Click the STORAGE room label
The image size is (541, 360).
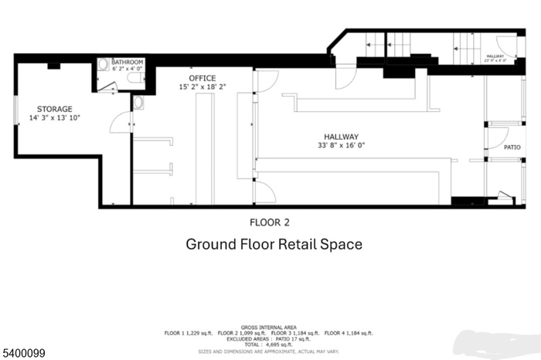pos(54,109)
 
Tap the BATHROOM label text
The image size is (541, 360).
pos(126,61)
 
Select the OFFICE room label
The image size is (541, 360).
pos(202,78)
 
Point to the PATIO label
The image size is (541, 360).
pos(512,146)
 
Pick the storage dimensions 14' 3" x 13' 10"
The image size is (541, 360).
pos(54,118)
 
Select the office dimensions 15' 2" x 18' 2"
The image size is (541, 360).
pos(202,87)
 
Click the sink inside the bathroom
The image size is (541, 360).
pos(103,65)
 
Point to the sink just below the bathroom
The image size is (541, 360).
pos(138,102)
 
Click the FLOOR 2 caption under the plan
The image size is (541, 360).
pos(269,222)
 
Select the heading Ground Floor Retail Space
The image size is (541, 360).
pos(274,244)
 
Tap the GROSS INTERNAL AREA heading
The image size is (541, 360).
pos(270,327)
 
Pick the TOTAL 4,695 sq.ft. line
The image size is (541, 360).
pos(270,344)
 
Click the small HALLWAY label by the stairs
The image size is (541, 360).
pos(495,56)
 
